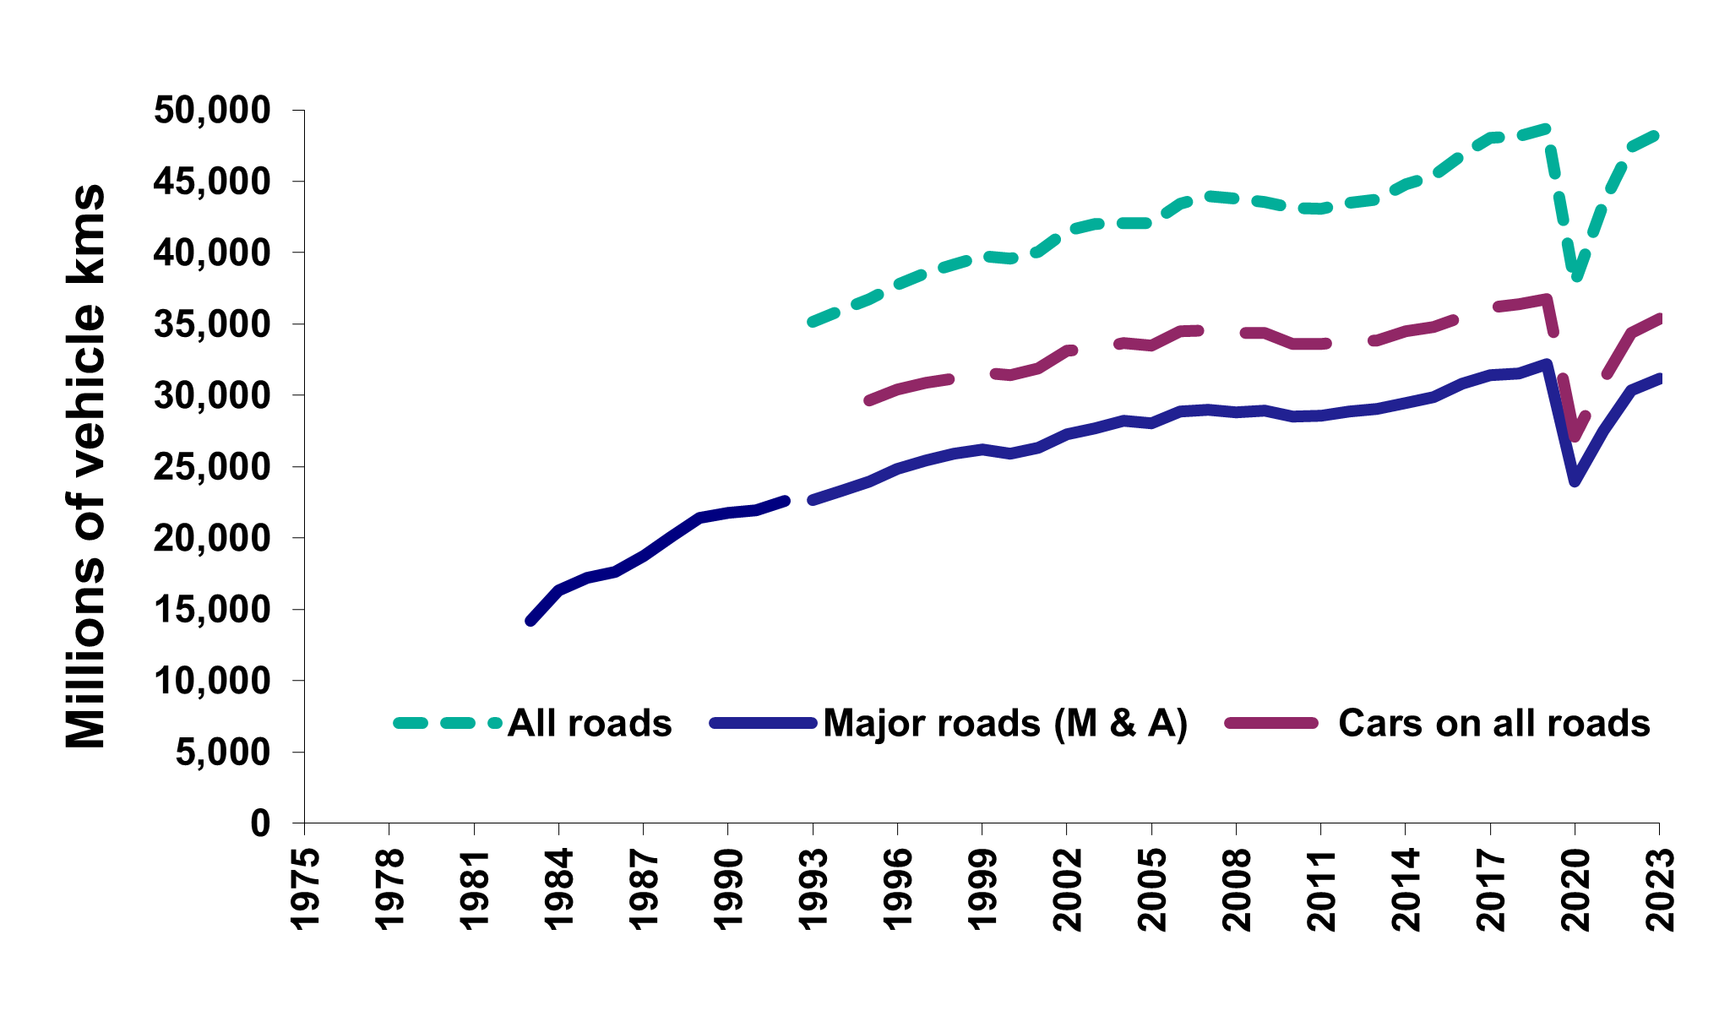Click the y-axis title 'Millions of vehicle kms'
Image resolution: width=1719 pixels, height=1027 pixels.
86,466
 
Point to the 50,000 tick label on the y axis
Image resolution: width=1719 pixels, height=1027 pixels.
212,111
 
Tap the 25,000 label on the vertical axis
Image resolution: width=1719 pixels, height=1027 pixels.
212,467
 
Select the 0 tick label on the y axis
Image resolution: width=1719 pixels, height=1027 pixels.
259,823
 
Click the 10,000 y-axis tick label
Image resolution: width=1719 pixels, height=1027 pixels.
212,681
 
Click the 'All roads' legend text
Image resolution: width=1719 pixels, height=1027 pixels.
590,724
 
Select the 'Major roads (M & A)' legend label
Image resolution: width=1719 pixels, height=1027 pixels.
1005,724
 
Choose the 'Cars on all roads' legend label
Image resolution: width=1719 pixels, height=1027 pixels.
1494,724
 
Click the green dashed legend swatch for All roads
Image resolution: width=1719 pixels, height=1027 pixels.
448,723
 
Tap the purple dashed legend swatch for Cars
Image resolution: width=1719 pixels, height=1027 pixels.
1272,723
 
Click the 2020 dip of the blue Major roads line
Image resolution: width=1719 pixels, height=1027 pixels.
1575,481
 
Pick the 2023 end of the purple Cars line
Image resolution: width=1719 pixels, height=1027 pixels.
1659,318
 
